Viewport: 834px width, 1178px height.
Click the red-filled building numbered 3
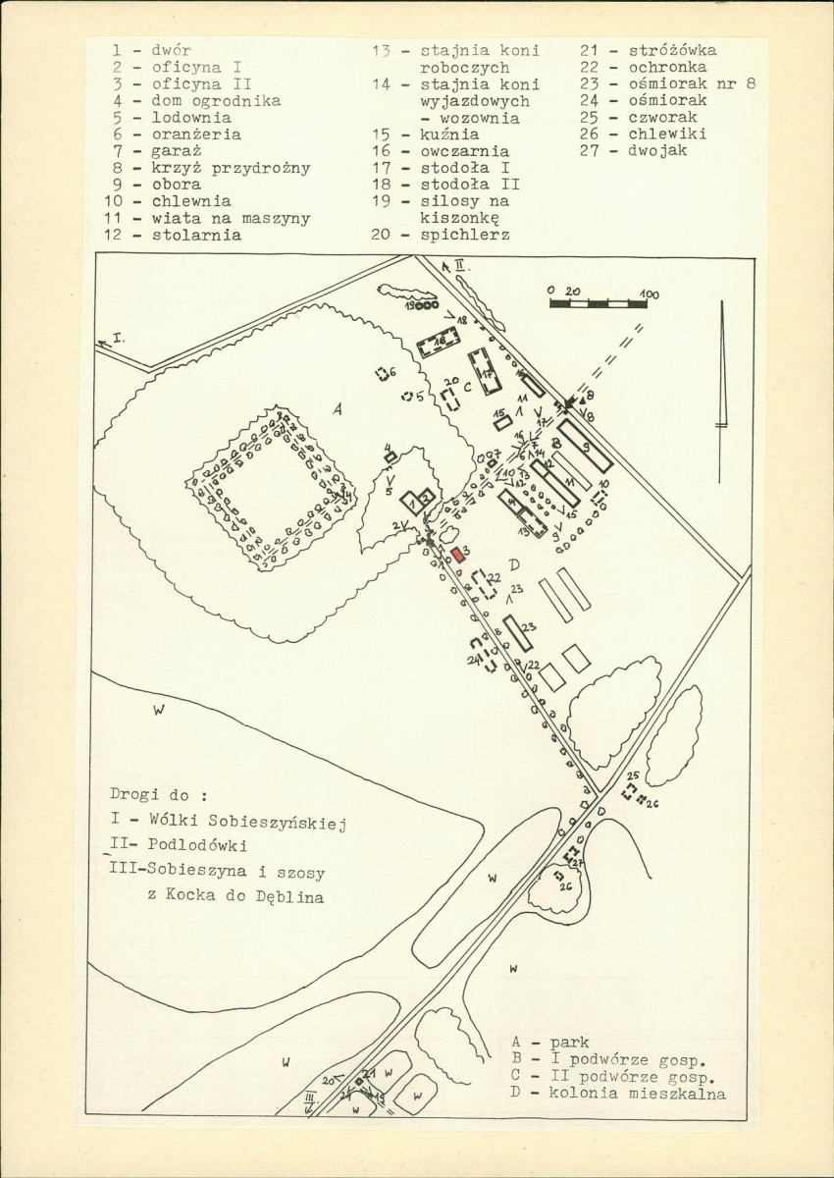point(458,554)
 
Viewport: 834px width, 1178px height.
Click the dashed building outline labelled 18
point(439,345)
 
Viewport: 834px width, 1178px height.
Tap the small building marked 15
point(503,423)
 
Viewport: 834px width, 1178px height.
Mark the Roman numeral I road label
point(119,337)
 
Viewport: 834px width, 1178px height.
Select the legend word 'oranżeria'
point(195,134)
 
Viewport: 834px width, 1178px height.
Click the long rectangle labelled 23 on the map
point(517,632)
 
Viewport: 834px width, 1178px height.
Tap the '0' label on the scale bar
point(552,292)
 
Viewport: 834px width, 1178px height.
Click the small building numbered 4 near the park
point(390,456)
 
